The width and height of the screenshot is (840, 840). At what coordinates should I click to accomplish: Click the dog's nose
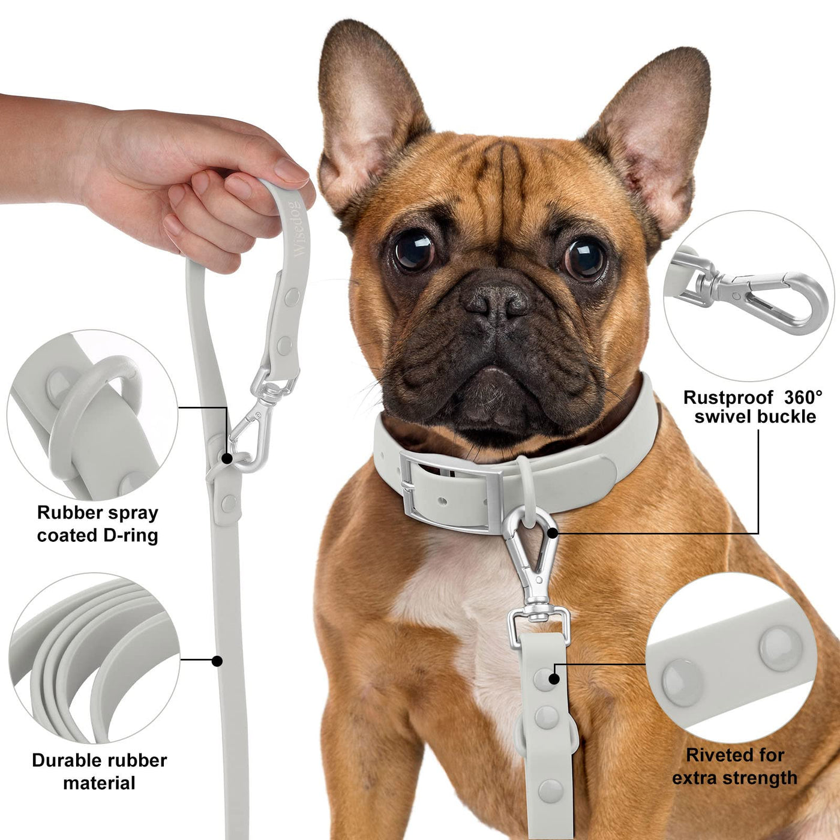(x=496, y=300)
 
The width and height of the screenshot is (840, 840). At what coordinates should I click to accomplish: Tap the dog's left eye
(x=584, y=259)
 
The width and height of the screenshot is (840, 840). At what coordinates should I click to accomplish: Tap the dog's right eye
(x=413, y=251)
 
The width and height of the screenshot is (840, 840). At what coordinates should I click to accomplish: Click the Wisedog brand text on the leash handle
(x=299, y=229)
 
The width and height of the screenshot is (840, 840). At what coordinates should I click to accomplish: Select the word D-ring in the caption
(x=131, y=535)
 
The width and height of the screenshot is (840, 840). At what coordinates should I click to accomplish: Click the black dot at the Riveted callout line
(x=554, y=679)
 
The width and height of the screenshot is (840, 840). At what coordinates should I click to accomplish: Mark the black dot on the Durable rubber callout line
(x=217, y=661)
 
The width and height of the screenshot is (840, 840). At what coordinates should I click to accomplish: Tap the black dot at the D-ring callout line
(x=227, y=458)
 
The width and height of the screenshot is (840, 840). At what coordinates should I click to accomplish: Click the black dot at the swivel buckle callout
(x=553, y=533)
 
